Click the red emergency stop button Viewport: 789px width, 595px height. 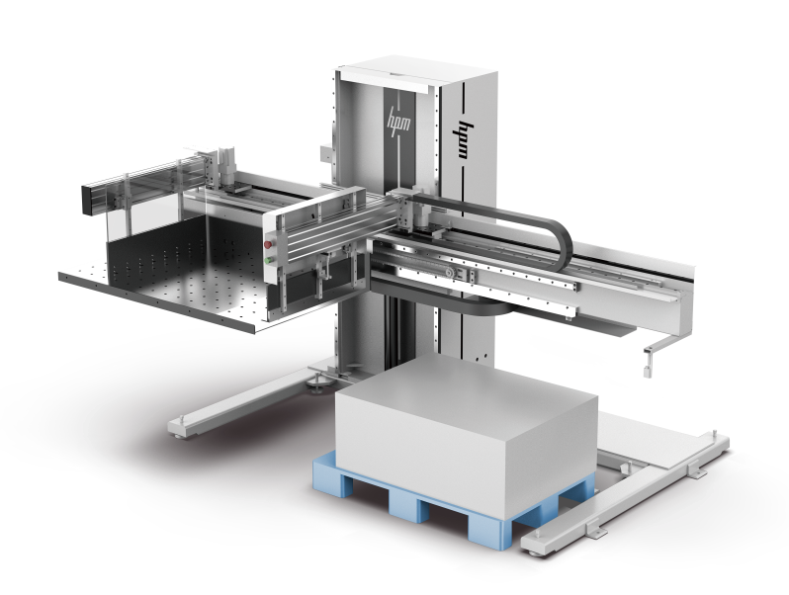268,244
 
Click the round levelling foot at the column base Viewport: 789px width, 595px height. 318,384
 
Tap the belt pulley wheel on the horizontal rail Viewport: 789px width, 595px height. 449,272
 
